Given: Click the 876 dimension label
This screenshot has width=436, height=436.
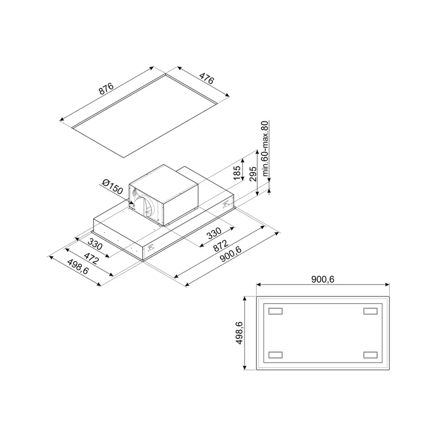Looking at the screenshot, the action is (x=106, y=89).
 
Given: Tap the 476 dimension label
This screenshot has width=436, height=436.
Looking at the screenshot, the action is (x=207, y=78).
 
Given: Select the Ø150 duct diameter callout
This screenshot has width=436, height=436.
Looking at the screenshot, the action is (x=112, y=187).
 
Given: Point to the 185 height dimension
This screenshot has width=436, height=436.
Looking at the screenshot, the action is (x=237, y=173).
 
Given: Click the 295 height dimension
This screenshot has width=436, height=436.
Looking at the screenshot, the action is (x=253, y=174).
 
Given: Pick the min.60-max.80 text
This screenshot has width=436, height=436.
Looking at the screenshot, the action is (x=265, y=149).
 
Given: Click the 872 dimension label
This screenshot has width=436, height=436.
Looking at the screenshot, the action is (x=221, y=245).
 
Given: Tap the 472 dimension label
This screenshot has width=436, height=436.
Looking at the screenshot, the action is (x=92, y=258).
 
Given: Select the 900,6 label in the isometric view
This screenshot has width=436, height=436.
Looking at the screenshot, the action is (x=231, y=254).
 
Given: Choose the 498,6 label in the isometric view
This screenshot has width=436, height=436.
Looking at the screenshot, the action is (x=78, y=267).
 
